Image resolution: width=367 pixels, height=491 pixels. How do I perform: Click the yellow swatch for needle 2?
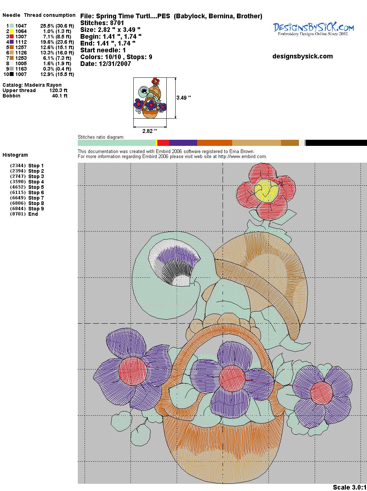click(11, 31)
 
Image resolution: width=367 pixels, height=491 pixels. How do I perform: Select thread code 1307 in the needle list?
click(21, 37)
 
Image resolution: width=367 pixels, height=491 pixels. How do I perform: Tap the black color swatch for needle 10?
click(11, 74)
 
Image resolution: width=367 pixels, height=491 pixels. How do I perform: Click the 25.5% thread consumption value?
click(47, 26)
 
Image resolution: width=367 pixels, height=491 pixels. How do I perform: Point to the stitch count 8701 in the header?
click(117, 23)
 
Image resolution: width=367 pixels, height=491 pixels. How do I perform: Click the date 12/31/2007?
click(115, 64)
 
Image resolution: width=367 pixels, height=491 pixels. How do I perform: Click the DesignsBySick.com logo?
click(313, 29)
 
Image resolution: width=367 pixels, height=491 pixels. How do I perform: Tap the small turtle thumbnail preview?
click(150, 98)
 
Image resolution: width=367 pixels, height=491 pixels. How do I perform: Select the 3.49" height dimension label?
click(183, 98)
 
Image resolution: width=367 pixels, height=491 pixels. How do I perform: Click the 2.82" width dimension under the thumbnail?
click(149, 131)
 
